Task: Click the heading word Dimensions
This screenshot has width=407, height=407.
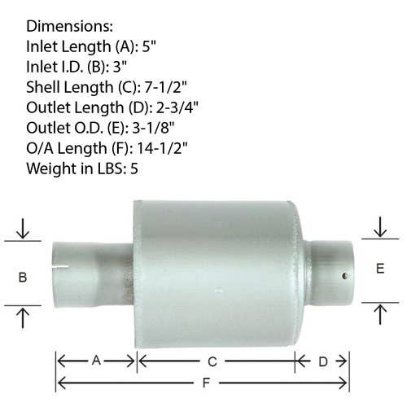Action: pos(69,26)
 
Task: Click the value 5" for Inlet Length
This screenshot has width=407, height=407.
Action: pos(149,46)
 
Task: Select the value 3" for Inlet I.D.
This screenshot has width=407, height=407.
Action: pos(120,67)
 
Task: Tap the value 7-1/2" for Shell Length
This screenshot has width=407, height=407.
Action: pos(166,87)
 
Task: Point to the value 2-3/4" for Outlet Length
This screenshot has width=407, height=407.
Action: pos(177,107)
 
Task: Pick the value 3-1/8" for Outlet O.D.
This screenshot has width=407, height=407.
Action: pos(153,128)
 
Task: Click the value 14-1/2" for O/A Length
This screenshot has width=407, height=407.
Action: pos(162,148)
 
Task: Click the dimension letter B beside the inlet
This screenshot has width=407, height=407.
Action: pos(23,278)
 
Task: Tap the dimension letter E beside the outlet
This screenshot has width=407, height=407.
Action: pos(380,269)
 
